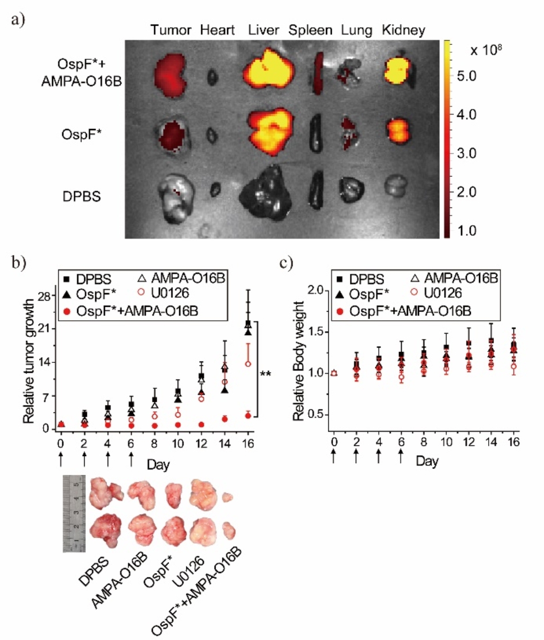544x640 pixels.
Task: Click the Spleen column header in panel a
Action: [311, 30]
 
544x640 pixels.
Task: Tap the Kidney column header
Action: [404, 30]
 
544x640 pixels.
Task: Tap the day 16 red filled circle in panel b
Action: [248, 415]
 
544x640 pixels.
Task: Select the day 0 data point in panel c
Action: [333, 373]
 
